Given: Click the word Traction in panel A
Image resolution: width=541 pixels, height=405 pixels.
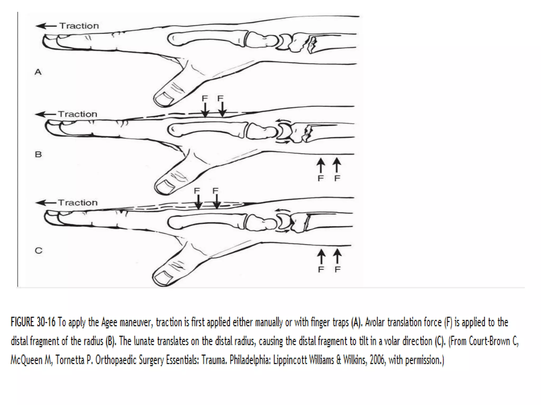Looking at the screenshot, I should [79, 26].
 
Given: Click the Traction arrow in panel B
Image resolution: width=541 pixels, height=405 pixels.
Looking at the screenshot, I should [46, 114].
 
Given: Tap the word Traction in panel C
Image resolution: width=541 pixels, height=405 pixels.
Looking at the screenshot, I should [78, 203].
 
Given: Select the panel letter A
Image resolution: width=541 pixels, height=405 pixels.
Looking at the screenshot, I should [38, 72].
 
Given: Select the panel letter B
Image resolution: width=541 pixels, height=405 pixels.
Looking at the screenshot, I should [38, 154].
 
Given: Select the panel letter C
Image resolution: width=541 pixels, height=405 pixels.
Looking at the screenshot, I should [39, 250].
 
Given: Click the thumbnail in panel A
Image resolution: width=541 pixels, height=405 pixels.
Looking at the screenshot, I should [164, 99].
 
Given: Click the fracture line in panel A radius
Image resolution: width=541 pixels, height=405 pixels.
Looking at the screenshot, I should [312, 45].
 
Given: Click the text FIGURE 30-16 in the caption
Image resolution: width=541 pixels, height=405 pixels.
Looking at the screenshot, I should [33, 322].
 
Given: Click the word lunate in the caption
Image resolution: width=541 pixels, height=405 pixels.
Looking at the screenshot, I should [144, 341].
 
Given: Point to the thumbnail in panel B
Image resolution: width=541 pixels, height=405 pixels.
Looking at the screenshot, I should [165, 187].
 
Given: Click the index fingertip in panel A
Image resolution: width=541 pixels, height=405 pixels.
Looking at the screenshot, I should [48, 42].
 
